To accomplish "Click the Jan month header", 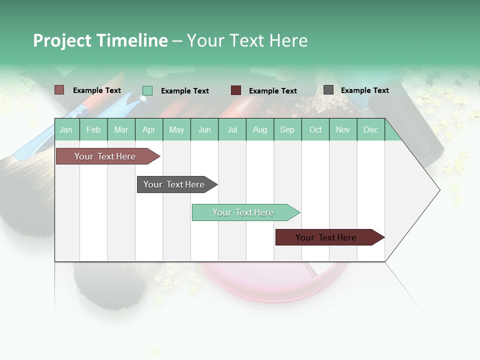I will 66,129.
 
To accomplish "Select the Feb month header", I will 93,129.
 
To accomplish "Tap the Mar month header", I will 121,129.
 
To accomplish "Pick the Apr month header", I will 149,129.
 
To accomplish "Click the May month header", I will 176,129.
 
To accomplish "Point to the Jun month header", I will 204,129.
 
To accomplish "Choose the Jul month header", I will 232,129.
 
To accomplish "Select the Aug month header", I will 260,129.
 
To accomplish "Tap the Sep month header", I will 287,129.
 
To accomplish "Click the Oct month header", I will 315,129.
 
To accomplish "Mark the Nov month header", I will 343,129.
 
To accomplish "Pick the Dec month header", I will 371,129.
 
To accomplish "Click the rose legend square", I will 59,90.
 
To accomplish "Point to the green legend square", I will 147,90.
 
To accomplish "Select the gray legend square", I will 328,90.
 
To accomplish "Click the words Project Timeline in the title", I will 100,40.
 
